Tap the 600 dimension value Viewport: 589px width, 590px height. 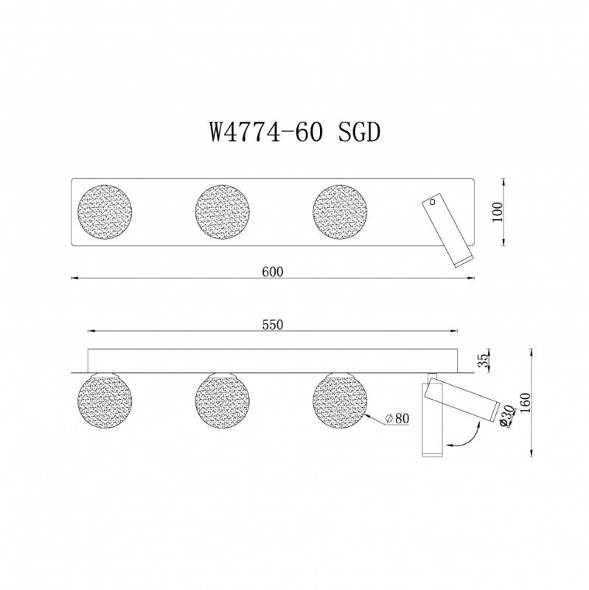pyautogui.click(x=272, y=271)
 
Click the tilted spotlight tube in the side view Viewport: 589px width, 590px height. pyautogui.click(x=472, y=403)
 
